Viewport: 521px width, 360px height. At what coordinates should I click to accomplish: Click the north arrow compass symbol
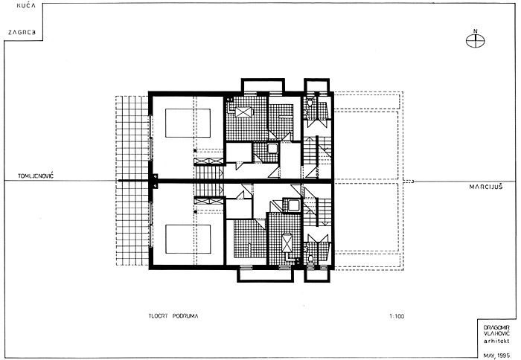click(x=475, y=41)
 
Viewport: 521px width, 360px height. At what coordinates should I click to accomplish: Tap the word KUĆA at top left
click(x=26, y=6)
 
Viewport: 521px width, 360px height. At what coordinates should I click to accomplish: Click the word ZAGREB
click(x=22, y=33)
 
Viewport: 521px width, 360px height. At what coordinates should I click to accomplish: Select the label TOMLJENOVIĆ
click(x=36, y=176)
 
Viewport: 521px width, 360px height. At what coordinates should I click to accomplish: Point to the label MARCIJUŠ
click(x=486, y=187)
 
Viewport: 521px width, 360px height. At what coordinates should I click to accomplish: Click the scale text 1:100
click(x=397, y=316)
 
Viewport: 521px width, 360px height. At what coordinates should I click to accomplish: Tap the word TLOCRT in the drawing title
click(x=158, y=316)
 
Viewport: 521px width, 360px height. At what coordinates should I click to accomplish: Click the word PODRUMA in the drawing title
click(x=185, y=316)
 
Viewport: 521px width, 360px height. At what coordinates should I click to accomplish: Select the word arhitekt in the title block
click(x=496, y=341)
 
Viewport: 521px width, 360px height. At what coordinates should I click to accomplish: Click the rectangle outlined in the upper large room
click(x=188, y=123)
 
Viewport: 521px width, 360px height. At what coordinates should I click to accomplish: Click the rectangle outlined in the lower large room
click(x=188, y=239)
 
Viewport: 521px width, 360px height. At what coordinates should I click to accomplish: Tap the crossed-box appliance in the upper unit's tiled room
click(x=244, y=112)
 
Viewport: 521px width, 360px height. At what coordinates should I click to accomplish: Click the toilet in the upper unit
click(x=309, y=103)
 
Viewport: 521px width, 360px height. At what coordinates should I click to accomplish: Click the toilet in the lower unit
click(x=310, y=259)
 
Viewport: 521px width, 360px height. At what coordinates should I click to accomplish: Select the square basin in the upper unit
click(x=272, y=148)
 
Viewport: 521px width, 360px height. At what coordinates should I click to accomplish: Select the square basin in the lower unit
click(x=294, y=205)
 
